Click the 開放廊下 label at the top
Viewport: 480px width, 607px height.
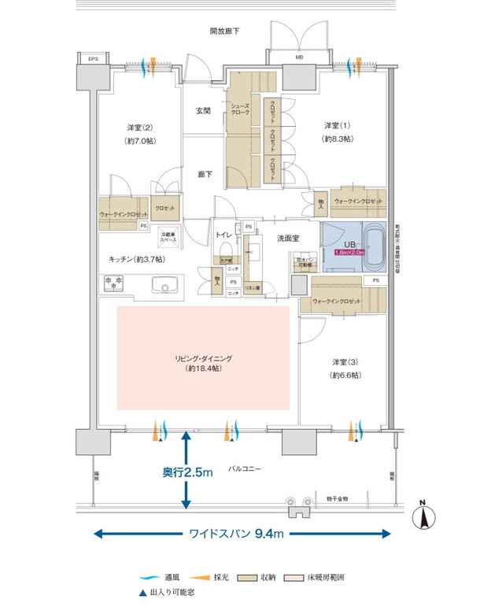(x=225, y=31)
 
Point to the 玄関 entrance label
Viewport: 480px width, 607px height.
(x=203, y=111)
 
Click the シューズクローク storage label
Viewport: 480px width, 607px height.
(x=240, y=109)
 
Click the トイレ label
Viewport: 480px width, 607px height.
(x=223, y=234)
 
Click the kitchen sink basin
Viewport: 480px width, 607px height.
(x=164, y=284)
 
